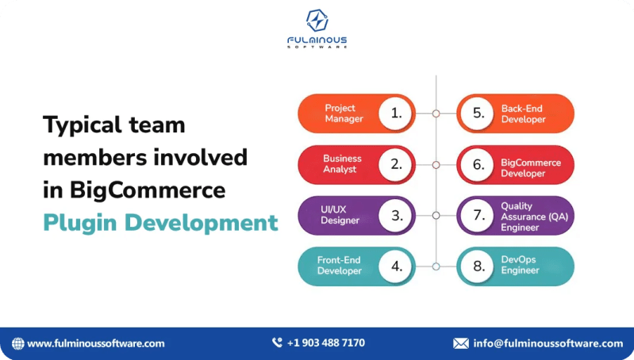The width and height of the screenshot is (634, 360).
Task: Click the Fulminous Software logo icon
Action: point(317,20)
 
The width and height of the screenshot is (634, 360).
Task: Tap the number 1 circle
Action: point(396,113)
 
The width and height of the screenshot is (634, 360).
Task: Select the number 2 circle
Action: point(396,164)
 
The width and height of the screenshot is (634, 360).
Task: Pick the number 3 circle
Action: point(396,215)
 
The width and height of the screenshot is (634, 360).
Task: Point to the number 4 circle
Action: point(396,266)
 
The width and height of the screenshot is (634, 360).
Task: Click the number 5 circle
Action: point(478,113)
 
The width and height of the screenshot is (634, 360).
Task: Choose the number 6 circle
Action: point(478,164)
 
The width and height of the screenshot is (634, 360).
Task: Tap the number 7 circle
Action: point(478,215)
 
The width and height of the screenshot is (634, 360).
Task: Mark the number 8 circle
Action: point(478,266)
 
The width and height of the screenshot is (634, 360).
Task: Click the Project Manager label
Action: point(344,113)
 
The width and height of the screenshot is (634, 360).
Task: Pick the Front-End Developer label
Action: point(340,266)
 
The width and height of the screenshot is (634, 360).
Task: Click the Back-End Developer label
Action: point(523,113)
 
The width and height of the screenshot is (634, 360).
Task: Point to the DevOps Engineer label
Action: point(520,266)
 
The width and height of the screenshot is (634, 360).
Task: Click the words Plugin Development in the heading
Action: point(160,223)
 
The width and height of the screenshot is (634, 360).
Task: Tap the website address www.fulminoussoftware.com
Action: point(95,343)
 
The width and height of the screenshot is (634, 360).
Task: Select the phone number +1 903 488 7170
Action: point(325,343)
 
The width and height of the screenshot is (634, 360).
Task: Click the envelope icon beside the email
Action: point(460,343)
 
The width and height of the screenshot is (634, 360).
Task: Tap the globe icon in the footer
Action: point(17,343)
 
